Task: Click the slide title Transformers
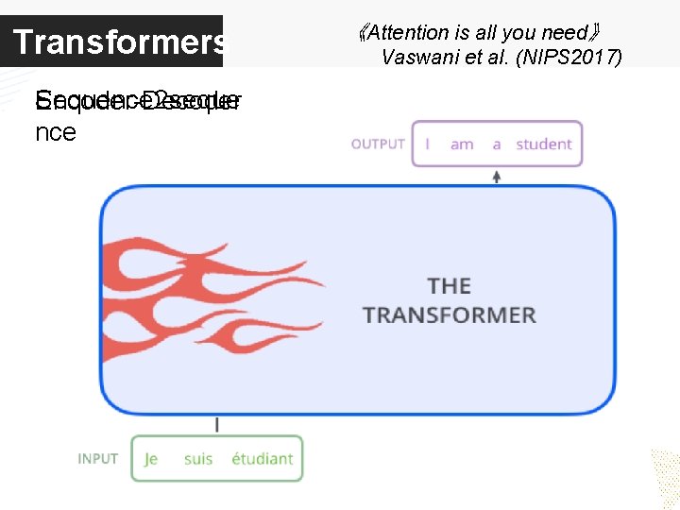[119, 42]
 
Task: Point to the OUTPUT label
[378, 144]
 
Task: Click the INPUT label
[98, 459]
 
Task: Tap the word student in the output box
[543, 144]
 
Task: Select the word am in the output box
[462, 144]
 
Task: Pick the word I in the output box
[428, 144]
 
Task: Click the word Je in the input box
[151, 459]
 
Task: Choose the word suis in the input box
[198, 459]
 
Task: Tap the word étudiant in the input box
[262, 459]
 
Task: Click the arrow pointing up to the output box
[497, 176]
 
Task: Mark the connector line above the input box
[217, 425]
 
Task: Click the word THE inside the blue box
[449, 285]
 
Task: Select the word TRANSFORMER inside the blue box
[449, 314]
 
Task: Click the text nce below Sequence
[55, 132]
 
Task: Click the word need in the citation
[566, 32]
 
